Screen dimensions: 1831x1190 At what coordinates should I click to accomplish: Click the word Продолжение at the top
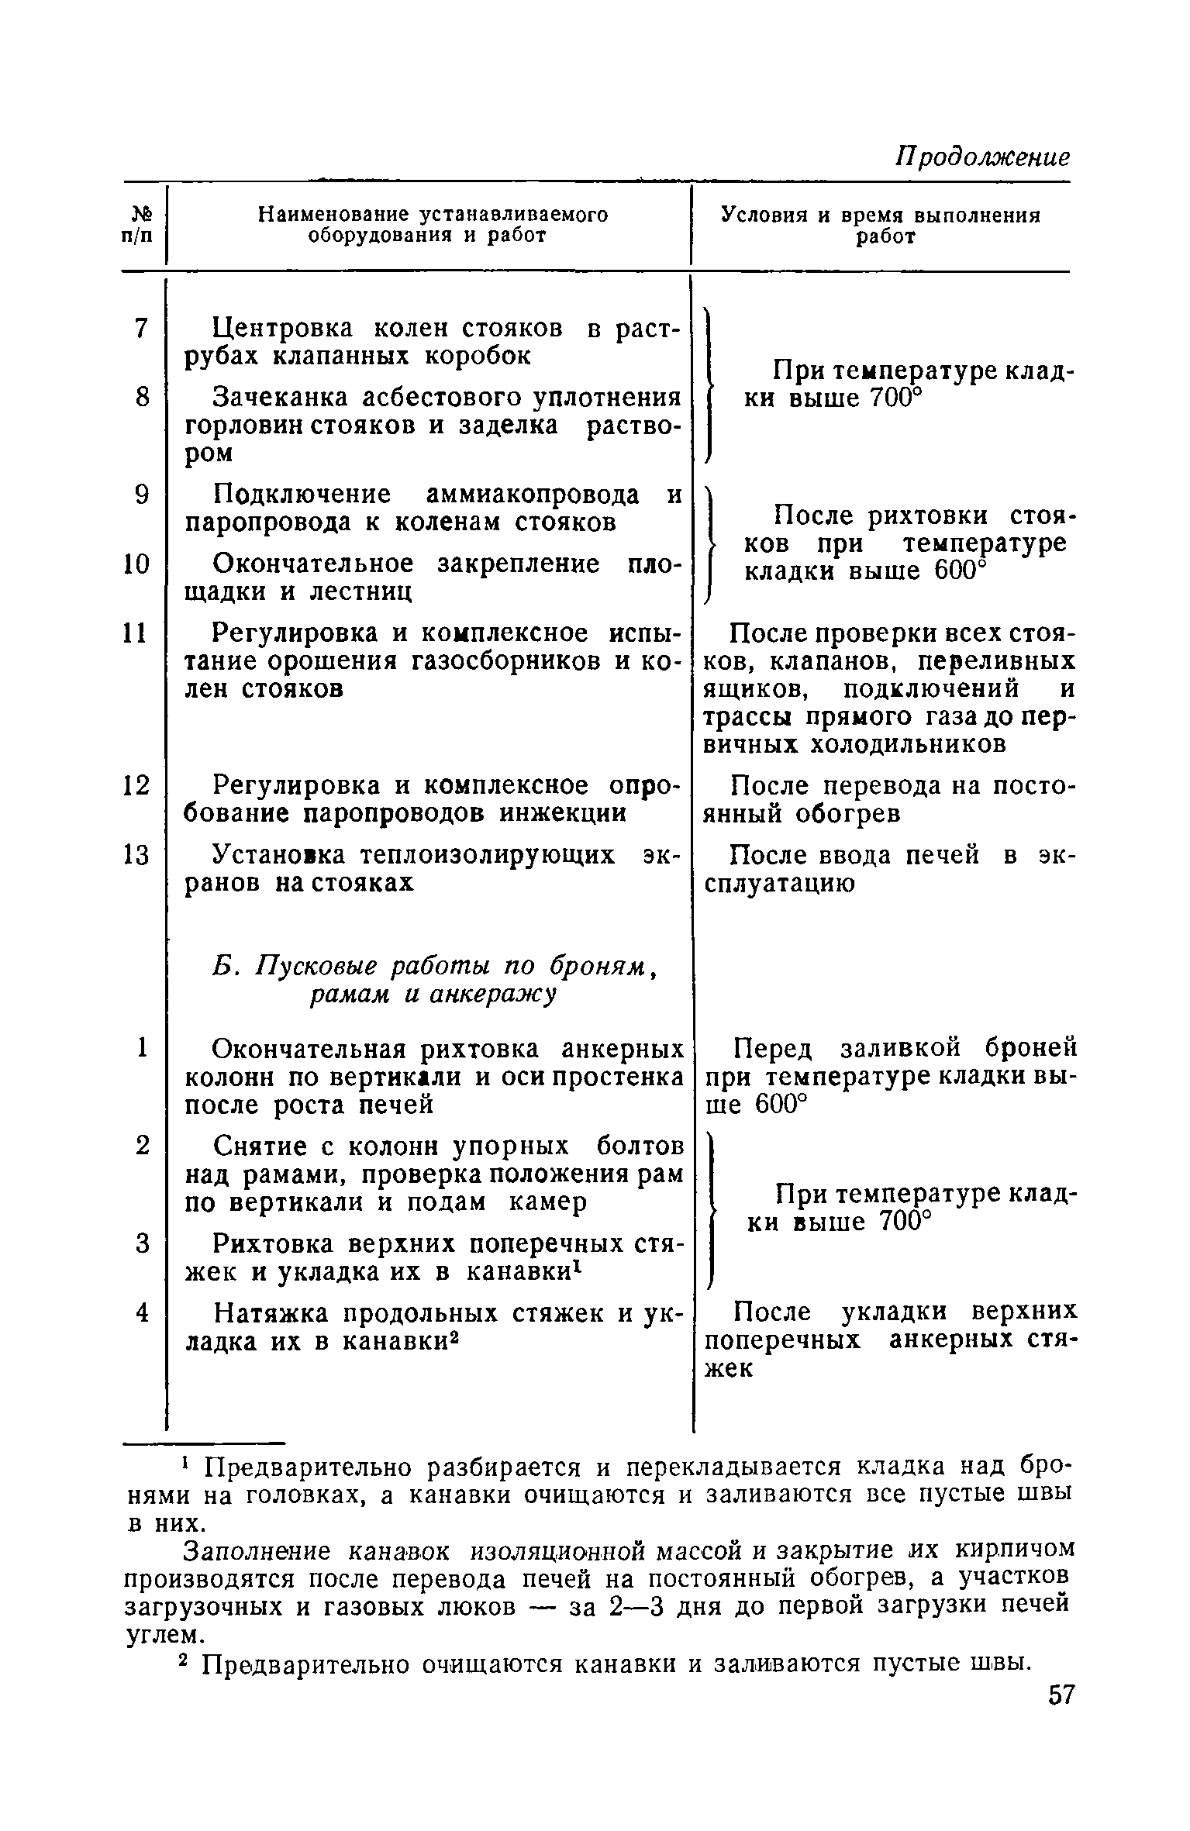click(982, 158)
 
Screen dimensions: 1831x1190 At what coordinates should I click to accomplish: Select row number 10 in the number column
click(136, 564)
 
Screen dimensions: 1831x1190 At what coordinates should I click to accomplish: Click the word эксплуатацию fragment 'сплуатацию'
click(780, 884)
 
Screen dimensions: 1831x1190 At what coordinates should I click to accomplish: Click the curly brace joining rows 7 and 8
click(708, 385)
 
